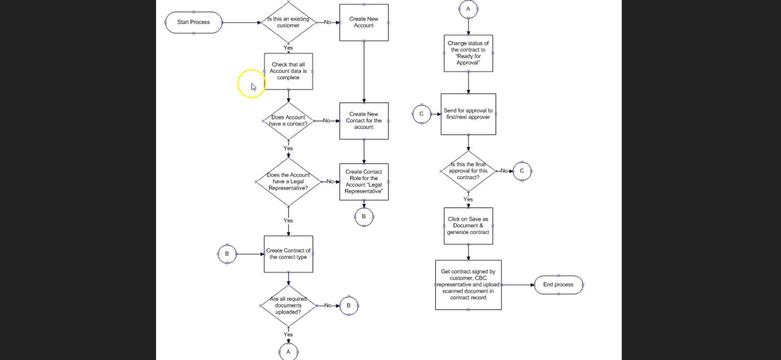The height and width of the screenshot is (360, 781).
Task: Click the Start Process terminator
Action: tap(193, 22)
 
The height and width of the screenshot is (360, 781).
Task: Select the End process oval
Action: tap(558, 285)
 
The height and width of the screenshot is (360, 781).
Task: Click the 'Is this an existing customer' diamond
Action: tap(288, 22)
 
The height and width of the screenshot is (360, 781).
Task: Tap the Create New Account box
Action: tap(364, 22)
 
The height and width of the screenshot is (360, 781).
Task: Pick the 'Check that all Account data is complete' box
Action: tap(288, 71)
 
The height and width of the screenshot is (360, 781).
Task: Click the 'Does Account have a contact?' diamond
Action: tap(288, 121)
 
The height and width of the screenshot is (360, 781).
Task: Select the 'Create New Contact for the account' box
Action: tap(364, 121)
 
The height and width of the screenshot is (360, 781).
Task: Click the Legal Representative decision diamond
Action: tap(288, 182)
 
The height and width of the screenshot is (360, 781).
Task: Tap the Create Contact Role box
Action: tap(364, 182)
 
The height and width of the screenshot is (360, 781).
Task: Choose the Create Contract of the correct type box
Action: tap(288, 254)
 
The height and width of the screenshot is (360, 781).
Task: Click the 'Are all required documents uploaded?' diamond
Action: tap(288, 306)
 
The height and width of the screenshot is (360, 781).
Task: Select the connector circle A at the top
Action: tap(468, 9)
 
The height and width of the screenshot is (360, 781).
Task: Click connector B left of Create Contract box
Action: tap(227, 254)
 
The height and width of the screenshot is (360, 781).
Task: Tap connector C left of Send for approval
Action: tap(421, 114)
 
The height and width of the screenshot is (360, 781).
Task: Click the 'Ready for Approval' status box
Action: tap(468, 53)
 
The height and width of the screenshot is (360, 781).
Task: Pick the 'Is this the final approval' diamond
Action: tap(468, 171)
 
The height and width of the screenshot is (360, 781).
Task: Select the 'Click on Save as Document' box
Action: tap(468, 226)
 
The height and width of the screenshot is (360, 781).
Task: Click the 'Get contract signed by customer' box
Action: tap(468, 285)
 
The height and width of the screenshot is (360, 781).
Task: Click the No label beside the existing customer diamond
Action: tap(327, 22)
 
